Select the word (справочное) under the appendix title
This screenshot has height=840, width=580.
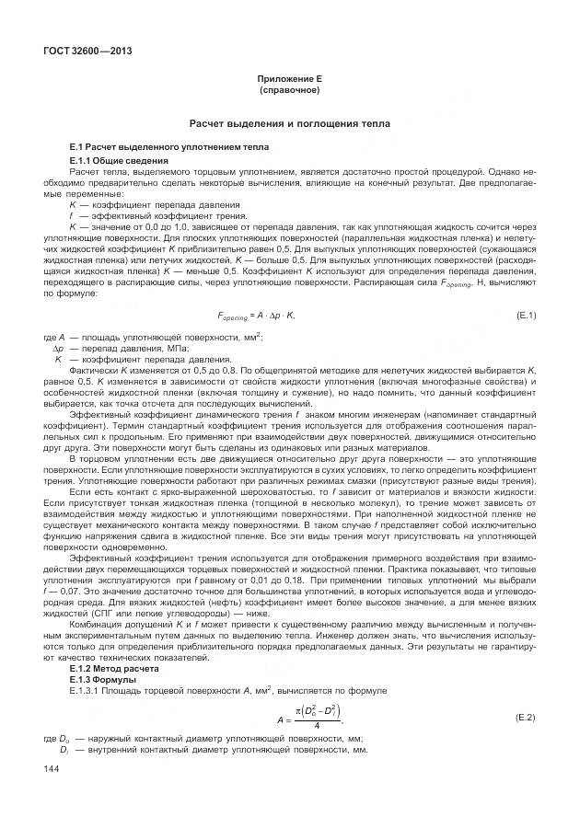[x=289, y=91]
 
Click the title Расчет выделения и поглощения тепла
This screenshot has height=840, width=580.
[x=289, y=122]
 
